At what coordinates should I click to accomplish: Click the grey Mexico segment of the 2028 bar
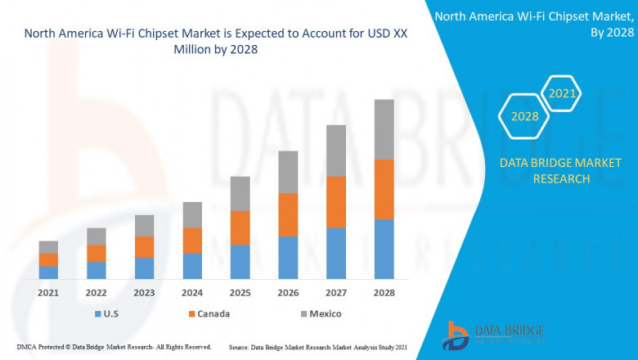pyautogui.click(x=384, y=129)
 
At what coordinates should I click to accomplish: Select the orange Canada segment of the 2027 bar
pyautogui.click(x=336, y=202)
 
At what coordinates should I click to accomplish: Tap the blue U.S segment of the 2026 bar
pyautogui.click(x=288, y=258)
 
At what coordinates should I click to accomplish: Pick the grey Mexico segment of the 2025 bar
pyautogui.click(x=240, y=193)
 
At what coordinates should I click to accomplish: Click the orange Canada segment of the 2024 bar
pyautogui.click(x=192, y=241)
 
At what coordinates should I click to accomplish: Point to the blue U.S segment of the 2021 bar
pyautogui.click(x=48, y=272)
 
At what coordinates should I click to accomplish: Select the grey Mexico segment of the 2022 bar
pyautogui.click(x=97, y=236)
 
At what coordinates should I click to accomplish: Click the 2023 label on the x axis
pyautogui.click(x=144, y=293)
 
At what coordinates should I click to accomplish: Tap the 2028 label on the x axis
pyautogui.click(x=384, y=293)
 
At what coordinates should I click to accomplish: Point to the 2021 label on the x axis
pyautogui.click(x=48, y=293)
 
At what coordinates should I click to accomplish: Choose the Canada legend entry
pyautogui.click(x=208, y=313)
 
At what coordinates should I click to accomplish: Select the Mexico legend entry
pyautogui.click(x=319, y=313)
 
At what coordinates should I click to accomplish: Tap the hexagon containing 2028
pyautogui.click(x=524, y=116)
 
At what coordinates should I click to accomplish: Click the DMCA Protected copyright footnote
pyautogui.click(x=114, y=347)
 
